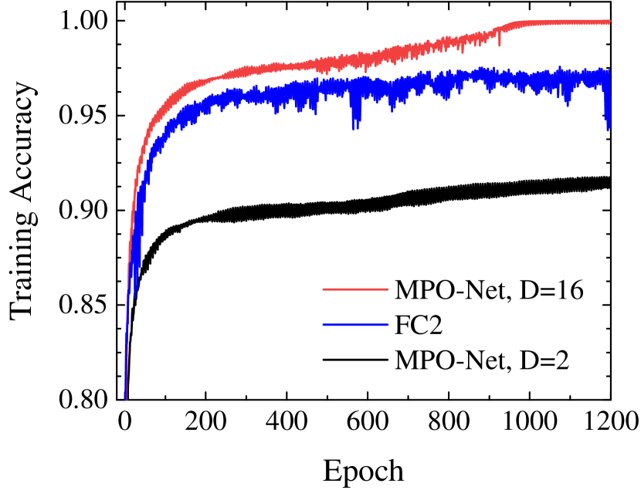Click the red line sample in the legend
(x=355, y=289)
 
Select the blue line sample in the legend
(x=355, y=325)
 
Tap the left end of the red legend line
(x=323, y=289)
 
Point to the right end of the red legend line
(x=388, y=289)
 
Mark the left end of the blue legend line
(x=323, y=325)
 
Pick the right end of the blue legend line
(x=388, y=325)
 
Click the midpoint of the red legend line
(x=355, y=289)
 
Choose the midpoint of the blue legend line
(x=355, y=325)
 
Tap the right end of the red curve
(x=609, y=22)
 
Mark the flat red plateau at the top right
(x=564, y=22)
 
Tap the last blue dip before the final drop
(x=568, y=104)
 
